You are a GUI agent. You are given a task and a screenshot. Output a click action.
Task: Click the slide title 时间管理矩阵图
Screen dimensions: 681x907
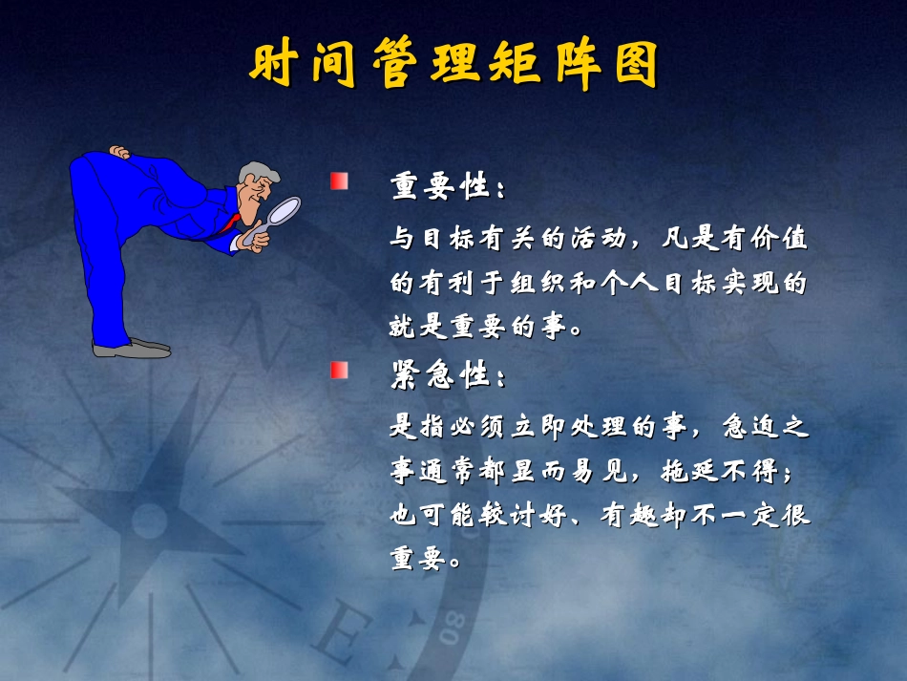pyautogui.click(x=454, y=63)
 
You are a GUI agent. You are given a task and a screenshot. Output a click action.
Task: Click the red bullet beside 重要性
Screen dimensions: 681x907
pyautogui.click(x=339, y=181)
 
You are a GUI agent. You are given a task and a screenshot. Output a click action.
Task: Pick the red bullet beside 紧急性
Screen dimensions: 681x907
pyautogui.click(x=339, y=370)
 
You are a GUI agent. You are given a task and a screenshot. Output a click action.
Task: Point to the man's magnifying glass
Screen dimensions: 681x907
pyautogui.click(x=284, y=210)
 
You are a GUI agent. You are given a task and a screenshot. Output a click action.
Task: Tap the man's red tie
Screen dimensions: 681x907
pyautogui.click(x=229, y=225)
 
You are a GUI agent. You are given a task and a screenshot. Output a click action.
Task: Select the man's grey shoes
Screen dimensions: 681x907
pyautogui.click(x=134, y=348)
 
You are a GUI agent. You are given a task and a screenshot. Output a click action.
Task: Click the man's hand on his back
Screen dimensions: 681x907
pyautogui.click(x=120, y=152)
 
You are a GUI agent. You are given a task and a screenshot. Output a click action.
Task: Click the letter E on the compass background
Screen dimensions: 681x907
pyautogui.click(x=336, y=635)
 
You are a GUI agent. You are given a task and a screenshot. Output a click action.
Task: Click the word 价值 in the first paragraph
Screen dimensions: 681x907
pyautogui.click(x=778, y=238)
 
